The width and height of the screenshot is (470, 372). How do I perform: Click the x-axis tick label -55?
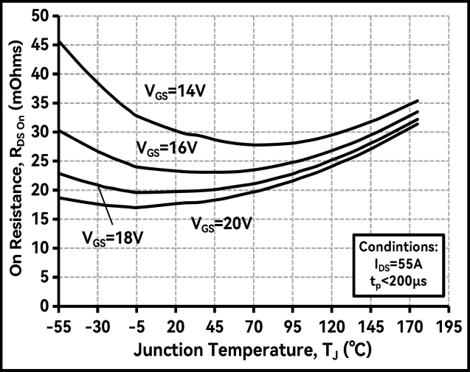tap(58, 326)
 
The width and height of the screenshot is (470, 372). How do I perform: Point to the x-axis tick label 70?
tap(255, 326)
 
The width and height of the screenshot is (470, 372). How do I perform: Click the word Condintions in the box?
tap(398, 246)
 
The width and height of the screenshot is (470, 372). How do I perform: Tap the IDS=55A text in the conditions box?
tap(398, 264)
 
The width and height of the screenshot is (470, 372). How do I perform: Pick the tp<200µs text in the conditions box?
tap(398, 281)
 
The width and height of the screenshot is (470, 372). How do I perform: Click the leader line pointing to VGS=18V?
tap(106, 206)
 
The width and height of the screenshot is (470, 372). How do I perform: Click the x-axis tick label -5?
tap(136, 326)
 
